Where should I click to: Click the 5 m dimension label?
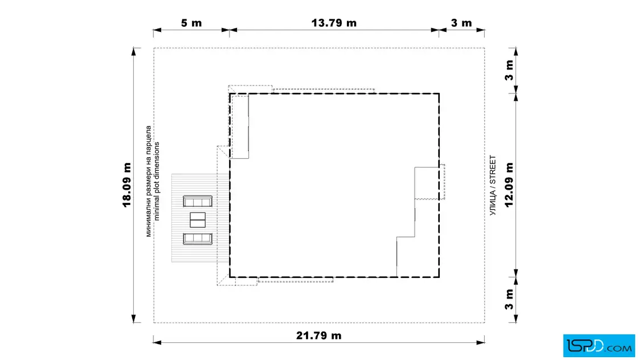pos(191,23)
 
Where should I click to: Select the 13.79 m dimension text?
pos(334,23)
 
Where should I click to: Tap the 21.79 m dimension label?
pos(318,336)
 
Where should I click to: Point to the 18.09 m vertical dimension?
pos(127,185)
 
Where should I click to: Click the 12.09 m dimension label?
pos(509,185)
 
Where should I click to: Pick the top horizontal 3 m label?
pos(461,23)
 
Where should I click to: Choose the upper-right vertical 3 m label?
pos(509,71)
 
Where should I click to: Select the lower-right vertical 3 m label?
pos(509,300)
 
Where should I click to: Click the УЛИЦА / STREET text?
pos(493,185)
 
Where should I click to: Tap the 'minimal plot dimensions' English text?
pos(157,181)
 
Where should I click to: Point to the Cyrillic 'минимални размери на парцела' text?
pos(149,181)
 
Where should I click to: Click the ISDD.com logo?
pos(599,346)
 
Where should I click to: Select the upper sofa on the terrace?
pos(198,201)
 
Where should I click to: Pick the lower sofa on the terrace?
pos(198,239)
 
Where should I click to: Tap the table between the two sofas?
pos(198,220)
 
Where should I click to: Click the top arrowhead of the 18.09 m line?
pos(133,52)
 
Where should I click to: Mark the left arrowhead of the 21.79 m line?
pos(157,342)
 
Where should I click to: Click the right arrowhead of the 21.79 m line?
pos(481,342)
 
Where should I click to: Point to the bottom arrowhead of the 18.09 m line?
pos(133,319)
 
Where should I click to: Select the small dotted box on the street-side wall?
pos(442,182)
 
